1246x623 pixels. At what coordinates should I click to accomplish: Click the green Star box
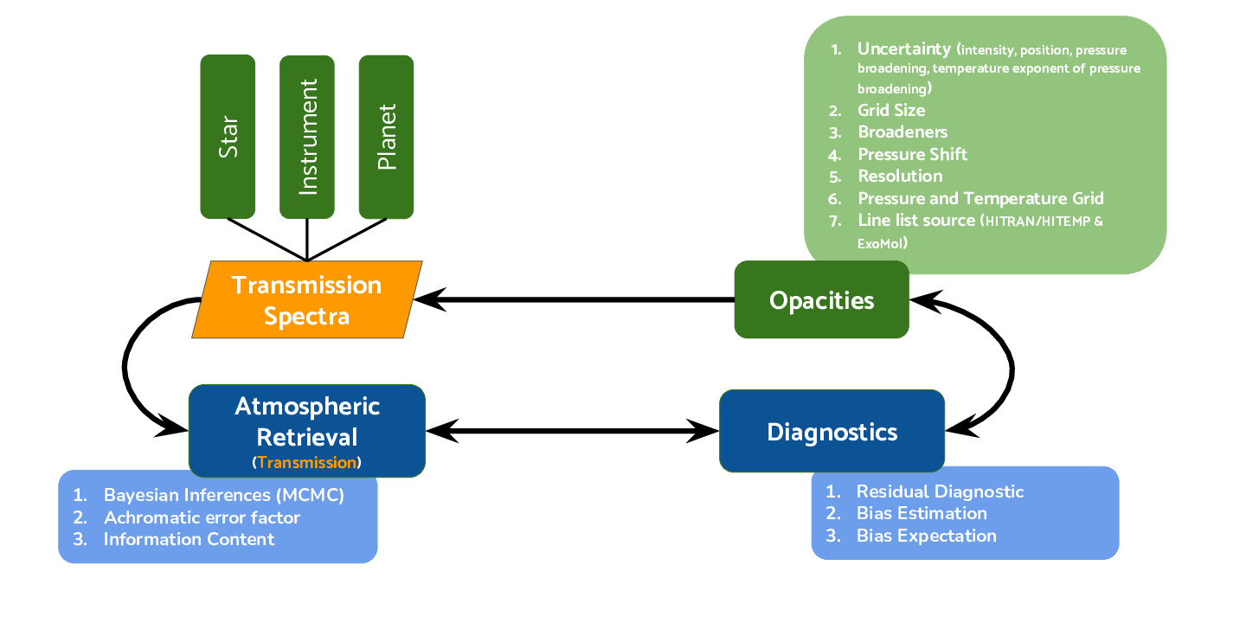tap(228, 137)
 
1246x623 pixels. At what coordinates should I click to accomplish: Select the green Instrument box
tap(307, 137)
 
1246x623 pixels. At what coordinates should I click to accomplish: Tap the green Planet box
tap(386, 137)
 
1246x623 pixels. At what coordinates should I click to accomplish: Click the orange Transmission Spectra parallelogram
tap(306, 299)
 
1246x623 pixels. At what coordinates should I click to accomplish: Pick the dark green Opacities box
tap(821, 300)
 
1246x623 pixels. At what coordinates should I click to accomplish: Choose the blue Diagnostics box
tap(832, 431)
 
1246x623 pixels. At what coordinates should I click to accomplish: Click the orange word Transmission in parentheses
tap(306, 463)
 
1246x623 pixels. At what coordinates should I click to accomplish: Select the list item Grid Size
tap(891, 111)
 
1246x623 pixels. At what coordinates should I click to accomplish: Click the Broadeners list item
tap(902, 132)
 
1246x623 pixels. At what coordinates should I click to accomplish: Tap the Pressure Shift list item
tap(912, 155)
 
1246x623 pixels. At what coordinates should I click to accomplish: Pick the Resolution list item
tap(900, 177)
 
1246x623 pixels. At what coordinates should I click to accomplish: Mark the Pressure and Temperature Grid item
tap(980, 198)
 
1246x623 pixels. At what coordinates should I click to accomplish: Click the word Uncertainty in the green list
tap(904, 49)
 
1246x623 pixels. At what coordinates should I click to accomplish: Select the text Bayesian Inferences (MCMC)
tap(224, 496)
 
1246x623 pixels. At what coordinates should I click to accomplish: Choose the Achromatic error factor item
tap(202, 517)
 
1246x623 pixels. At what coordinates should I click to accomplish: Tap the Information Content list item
tap(189, 539)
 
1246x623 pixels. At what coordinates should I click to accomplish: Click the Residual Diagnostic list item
tap(940, 491)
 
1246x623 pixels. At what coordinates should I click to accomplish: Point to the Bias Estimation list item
tap(922, 513)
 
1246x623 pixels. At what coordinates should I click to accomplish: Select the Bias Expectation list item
tap(926, 536)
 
